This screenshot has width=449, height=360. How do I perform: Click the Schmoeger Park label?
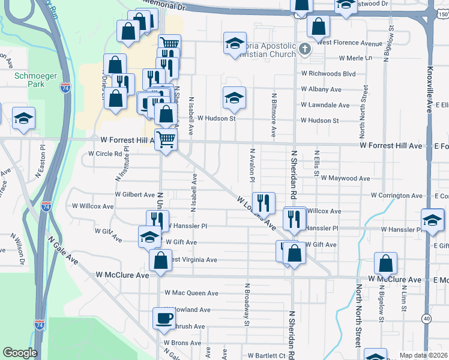(x=29, y=80)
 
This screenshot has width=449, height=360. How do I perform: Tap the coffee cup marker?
(x=163, y=319)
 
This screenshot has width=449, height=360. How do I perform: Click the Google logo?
(x=20, y=353)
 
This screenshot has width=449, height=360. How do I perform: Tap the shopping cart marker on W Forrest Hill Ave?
(x=166, y=140)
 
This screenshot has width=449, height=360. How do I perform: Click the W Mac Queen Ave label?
(x=191, y=293)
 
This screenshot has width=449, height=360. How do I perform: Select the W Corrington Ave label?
(x=396, y=196)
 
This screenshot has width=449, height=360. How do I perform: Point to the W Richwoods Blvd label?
(x=328, y=74)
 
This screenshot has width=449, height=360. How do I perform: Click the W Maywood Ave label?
(x=345, y=178)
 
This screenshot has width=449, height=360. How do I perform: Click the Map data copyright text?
(x=423, y=355)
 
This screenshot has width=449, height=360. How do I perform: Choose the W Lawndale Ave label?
(x=324, y=105)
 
